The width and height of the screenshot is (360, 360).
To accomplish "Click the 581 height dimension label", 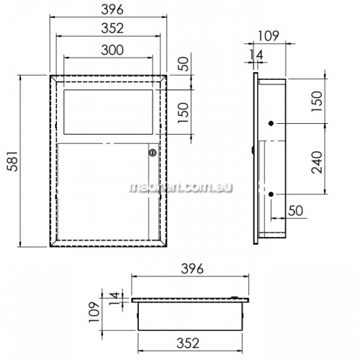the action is [x=12, y=161].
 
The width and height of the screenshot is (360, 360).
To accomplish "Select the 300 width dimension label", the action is [x=112, y=50].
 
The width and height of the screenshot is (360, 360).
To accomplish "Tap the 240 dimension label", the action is [x=317, y=162].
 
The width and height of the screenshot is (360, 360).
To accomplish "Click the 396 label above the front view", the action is [x=112, y=9].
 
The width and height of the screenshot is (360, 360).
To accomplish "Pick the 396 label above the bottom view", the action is [x=192, y=269].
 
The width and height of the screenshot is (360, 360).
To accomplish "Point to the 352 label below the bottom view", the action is [x=188, y=343].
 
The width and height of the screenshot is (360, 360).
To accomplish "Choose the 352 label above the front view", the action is [x=112, y=28].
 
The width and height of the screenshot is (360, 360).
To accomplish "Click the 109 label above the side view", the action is [x=269, y=36].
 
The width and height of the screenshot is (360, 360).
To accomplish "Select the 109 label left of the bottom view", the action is [x=94, y=312].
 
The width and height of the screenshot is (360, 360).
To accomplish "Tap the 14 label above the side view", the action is [x=256, y=55].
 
